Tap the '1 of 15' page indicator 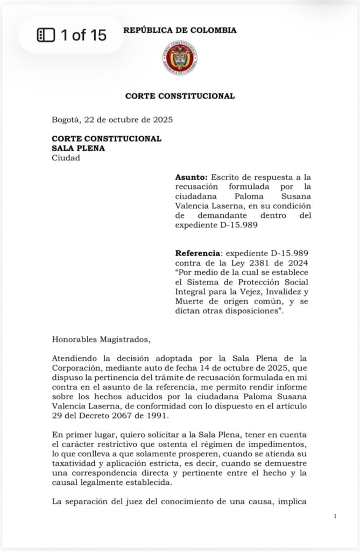tap(83, 36)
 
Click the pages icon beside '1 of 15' tap(46, 36)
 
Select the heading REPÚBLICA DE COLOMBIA tap(180, 31)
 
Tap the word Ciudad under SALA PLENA tap(66, 158)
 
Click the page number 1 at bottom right tap(335, 517)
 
